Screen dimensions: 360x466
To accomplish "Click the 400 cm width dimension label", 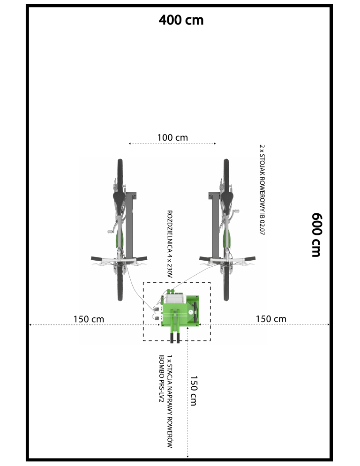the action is tap(181, 20).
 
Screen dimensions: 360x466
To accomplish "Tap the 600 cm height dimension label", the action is tap(316, 234).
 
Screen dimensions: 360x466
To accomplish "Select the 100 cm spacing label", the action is tap(172, 138).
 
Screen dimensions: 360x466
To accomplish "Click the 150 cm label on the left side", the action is tap(89, 319).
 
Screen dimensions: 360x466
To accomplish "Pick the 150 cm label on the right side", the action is tap(271, 319).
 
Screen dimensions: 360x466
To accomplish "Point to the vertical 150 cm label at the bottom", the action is tap(194, 391).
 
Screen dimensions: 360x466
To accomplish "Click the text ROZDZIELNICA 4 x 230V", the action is tap(170, 244).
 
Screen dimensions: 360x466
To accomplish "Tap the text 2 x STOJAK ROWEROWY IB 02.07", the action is tap(262, 190).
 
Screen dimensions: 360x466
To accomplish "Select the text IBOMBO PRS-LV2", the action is tap(161, 378).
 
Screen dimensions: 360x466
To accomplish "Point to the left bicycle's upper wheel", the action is tap(120, 175).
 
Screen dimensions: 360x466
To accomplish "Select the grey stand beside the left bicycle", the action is tap(129, 225).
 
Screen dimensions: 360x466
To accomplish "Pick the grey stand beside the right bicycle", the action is tap(214, 225).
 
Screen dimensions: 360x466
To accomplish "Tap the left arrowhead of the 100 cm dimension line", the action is tap(130, 143).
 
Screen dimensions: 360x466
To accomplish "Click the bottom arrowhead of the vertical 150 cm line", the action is tap(187, 456).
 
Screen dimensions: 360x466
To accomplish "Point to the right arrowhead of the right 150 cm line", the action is tap(328, 324).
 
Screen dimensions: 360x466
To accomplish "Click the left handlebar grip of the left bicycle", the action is tap(96, 259).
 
